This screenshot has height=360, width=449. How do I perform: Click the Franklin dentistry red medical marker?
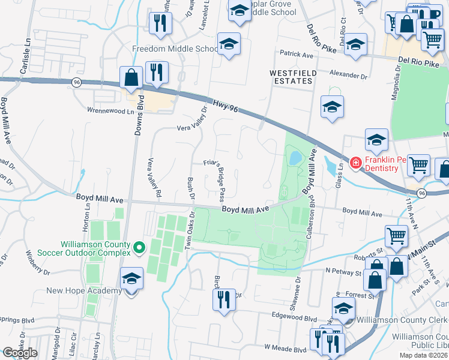click(x=355, y=162)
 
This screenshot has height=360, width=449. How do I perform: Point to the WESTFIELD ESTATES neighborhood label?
click(x=292, y=77)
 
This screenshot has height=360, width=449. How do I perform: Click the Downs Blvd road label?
click(x=137, y=115)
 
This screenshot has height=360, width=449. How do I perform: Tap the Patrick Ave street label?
click(x=297, y=55)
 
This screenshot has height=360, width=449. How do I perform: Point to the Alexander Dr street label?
click(x=348, y=76)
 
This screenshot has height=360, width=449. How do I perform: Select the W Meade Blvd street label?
click(x=285, y=347)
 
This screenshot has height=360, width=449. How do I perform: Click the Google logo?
click(x=20, y=353)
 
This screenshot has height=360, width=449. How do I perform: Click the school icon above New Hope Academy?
click(x=131, y=278)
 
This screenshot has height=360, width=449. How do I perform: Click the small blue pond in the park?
click(x=295, y=158)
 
